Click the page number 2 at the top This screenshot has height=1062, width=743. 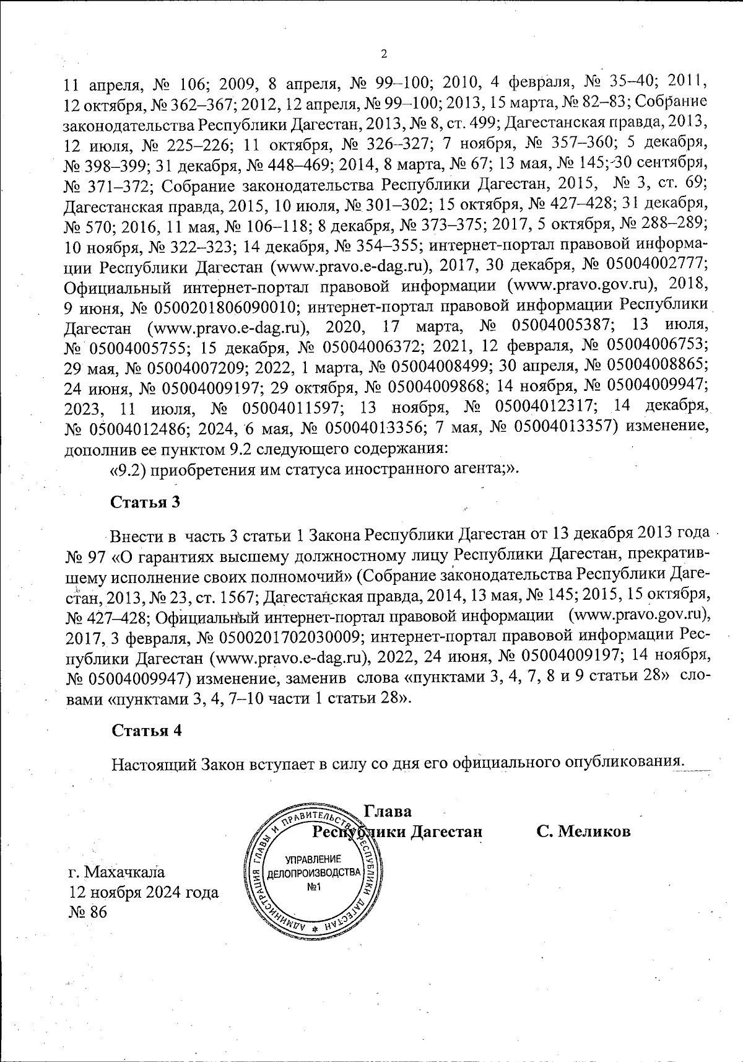pos(383,54)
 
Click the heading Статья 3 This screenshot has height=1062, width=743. pos(146,502)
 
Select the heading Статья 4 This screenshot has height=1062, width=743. pos(146,731)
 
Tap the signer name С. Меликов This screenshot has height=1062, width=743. pos(583,832)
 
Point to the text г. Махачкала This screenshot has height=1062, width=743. pos(116,872)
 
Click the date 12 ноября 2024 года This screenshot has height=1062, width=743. pos(144,892)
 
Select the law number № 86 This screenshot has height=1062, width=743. pos(88,912)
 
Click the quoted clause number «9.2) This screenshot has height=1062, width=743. pos(128,469)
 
